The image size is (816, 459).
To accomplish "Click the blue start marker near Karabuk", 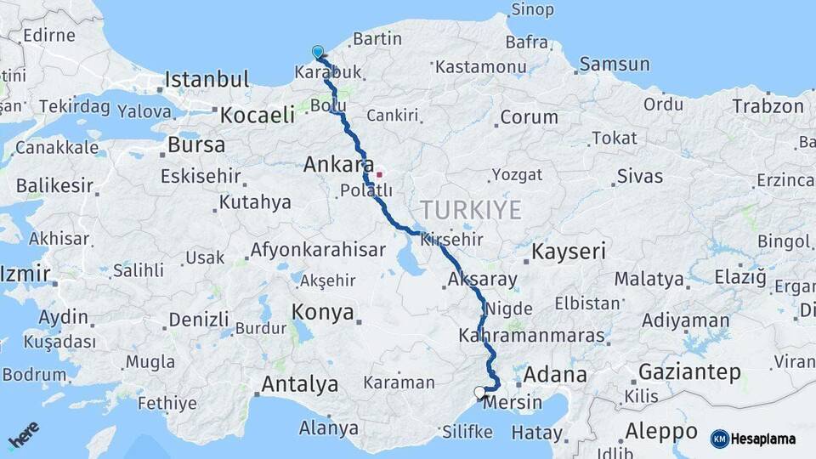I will [318, 52].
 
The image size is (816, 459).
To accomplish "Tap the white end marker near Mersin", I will [480, 393].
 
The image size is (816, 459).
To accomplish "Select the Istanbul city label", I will [207, 80].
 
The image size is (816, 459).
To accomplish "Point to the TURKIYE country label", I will [470, 210].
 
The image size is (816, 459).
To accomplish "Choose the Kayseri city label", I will [569, 252].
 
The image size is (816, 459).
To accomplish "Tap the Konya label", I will [323, 312].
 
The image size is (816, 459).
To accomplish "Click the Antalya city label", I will [299, 384].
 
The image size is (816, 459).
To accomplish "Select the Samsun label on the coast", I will [615, 65].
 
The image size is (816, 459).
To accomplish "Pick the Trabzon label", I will [768, 106].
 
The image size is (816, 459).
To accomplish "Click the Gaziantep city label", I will [689, 372].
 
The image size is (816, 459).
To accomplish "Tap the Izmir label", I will [25, 275].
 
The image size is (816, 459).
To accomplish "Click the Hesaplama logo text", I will [764, 439].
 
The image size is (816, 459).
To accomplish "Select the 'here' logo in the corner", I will [24, 435].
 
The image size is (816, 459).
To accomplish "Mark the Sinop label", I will [532, 10].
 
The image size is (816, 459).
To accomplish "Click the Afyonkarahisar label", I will [318, 251].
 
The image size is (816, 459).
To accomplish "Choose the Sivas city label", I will [639, 177].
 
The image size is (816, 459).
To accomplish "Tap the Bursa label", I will [196, 145].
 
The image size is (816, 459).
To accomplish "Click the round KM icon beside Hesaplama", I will [720, 439].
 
